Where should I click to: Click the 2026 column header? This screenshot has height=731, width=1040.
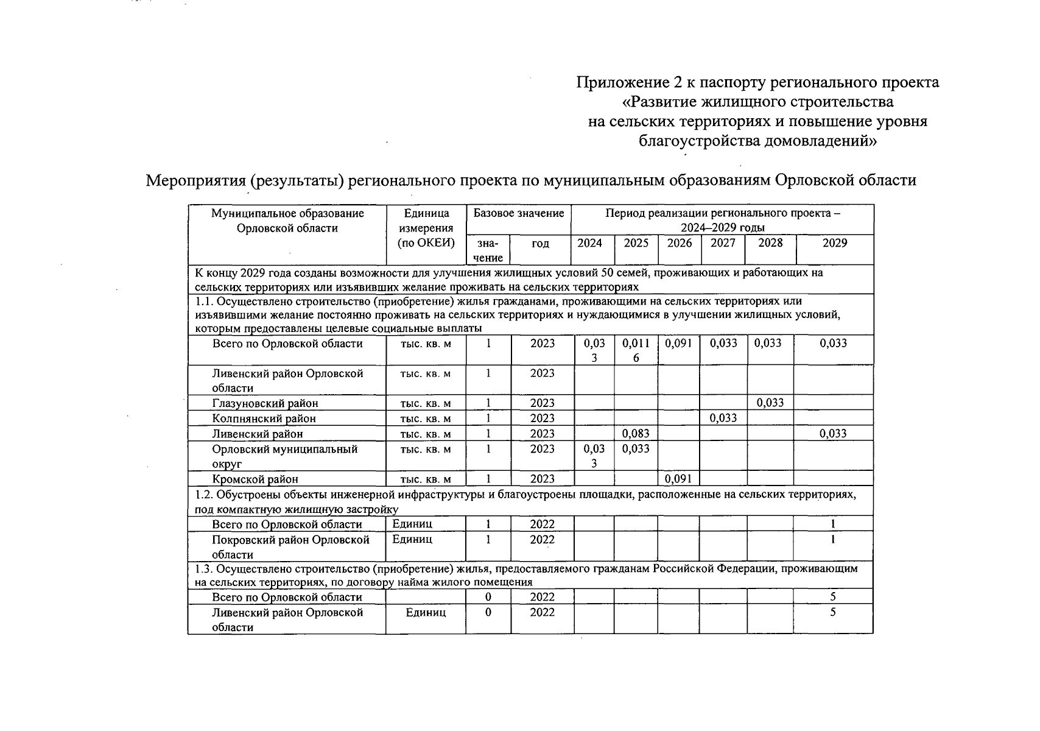[679, 243]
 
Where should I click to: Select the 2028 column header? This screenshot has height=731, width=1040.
[770, 243]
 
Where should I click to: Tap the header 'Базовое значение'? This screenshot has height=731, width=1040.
[518, 213]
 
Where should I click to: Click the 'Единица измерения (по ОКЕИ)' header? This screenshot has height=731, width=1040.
[426, 228]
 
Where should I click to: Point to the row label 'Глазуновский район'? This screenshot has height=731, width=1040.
[265, 403]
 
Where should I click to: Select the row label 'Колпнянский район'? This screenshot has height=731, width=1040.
[264, 418]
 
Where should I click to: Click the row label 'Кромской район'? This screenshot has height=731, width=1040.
[255, 479]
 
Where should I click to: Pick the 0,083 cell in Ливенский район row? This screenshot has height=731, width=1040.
[636, 434]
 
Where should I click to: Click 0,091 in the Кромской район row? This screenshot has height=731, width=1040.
[678, 479]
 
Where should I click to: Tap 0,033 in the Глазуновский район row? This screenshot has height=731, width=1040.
[770, 403]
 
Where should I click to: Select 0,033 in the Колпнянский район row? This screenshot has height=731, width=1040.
[723, 418]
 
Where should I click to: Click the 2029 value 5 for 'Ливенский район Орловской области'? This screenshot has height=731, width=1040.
[832, 612]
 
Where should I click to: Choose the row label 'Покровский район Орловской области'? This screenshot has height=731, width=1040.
[290, 547]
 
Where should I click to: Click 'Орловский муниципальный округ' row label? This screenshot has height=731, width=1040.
[284, 456]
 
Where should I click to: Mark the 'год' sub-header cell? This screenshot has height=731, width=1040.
[540, 244]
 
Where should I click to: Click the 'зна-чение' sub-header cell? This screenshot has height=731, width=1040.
[488, 250]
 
